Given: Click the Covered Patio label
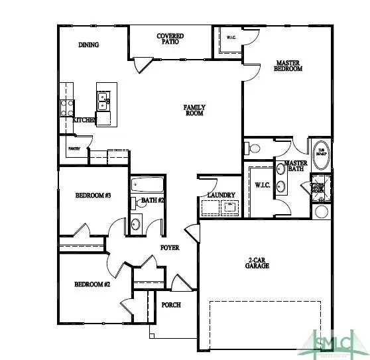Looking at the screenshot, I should click(170, 38).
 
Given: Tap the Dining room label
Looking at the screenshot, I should click(88, 45).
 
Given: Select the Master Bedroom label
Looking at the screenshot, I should click(288, 66).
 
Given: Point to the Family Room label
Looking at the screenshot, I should click(194, 110).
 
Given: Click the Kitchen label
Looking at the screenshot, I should click(84, 120).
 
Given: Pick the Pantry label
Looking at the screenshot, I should click(73, 149).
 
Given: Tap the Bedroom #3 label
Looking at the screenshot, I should click(92, 196).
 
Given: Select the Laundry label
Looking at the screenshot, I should click(221, 194).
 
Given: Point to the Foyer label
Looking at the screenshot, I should click(170, 247).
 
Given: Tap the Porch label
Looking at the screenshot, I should click(172, 304).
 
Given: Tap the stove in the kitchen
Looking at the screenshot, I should click(66, 107).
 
